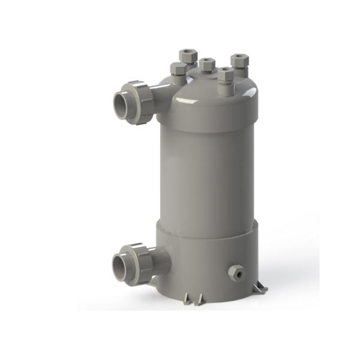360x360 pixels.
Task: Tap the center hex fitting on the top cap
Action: [207, 64]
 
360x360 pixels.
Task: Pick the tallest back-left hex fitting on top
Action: [188, 56]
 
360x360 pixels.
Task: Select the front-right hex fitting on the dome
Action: [225, 75]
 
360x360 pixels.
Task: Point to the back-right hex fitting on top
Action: [239, 61]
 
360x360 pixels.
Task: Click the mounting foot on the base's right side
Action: [260, 289]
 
